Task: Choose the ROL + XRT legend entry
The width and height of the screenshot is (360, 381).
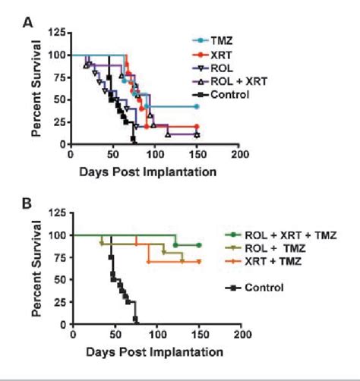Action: point(229,80)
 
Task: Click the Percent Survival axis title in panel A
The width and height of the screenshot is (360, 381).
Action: point(36,87)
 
